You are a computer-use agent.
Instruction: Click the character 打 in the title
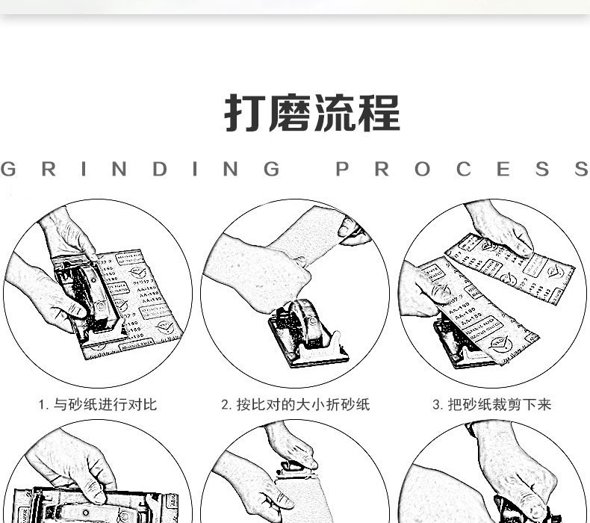[x=246, y=114]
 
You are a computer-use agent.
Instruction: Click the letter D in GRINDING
[x=160, y=169]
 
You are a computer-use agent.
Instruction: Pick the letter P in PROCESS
[x=343, y=169]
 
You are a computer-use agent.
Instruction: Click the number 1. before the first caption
[x=43, y=405]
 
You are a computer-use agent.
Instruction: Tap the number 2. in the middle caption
[x=226, y=405]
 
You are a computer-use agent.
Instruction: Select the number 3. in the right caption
[x=438, y=405]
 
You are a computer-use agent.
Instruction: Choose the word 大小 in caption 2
[x=311, y=405]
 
